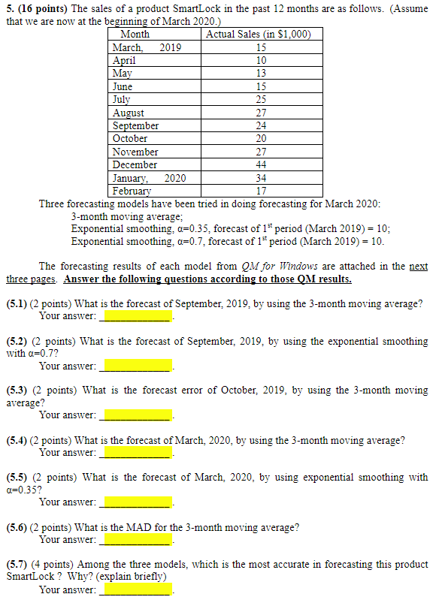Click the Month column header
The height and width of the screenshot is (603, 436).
click(x=135, y=34)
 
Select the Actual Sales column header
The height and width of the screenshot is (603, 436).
click(x=258, y=34)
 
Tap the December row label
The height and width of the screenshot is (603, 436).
click(x=135, y=164)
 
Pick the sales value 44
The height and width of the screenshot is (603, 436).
click(x=261, y=164)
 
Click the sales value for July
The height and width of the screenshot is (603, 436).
click(x=261, y=99)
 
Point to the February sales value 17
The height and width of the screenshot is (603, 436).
click(x=261, y=191)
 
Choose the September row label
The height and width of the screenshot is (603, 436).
click(x=135, y=125)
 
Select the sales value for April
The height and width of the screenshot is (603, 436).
click(x=261, y=60)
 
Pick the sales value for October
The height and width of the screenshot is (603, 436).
click(x=261, y=138)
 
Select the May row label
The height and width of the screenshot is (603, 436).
click(x=122, y=73)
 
